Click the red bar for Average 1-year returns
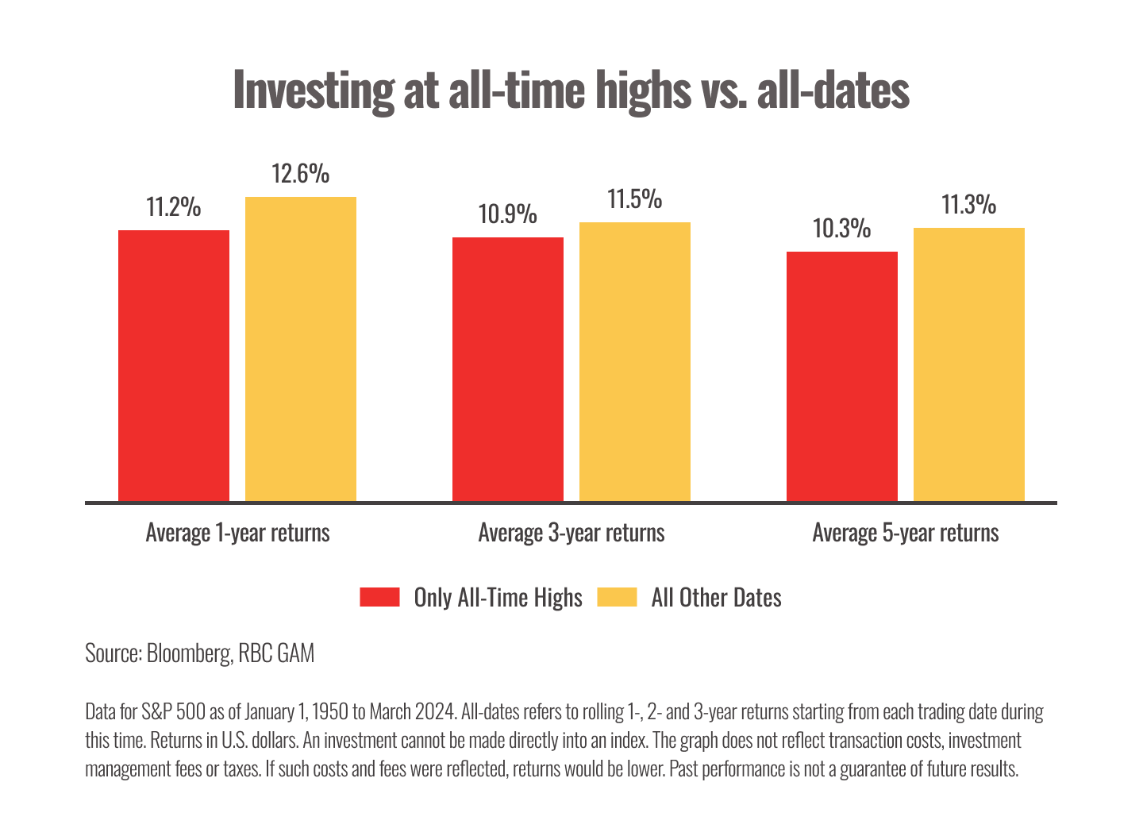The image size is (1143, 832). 174,365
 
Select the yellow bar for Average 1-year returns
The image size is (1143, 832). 301,349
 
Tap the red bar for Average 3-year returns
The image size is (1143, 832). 508,369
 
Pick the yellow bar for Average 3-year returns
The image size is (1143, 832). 635,361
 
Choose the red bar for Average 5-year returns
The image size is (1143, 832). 842,376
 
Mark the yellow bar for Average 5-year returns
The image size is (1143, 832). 969,364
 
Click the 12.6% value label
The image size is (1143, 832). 301,174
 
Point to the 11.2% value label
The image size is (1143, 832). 174,207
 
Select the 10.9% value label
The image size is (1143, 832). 508,214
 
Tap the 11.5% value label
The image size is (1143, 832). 635,199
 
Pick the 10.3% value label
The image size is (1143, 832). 842,229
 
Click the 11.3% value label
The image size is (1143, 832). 969,205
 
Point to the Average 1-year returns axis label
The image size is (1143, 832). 237,532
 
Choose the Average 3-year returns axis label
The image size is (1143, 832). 571,532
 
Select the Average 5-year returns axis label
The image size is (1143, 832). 906,532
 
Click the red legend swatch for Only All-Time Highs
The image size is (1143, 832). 379,597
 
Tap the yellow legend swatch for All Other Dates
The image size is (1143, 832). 617,597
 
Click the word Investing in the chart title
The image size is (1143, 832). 313,91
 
